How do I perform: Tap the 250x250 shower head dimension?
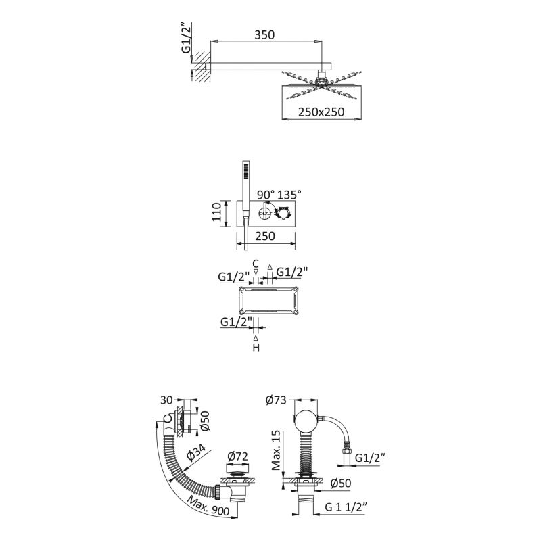coord(321,113)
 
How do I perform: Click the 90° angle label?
coord(266,195)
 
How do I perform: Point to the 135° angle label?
coord(289,195)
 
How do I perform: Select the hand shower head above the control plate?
coord(245,172)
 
